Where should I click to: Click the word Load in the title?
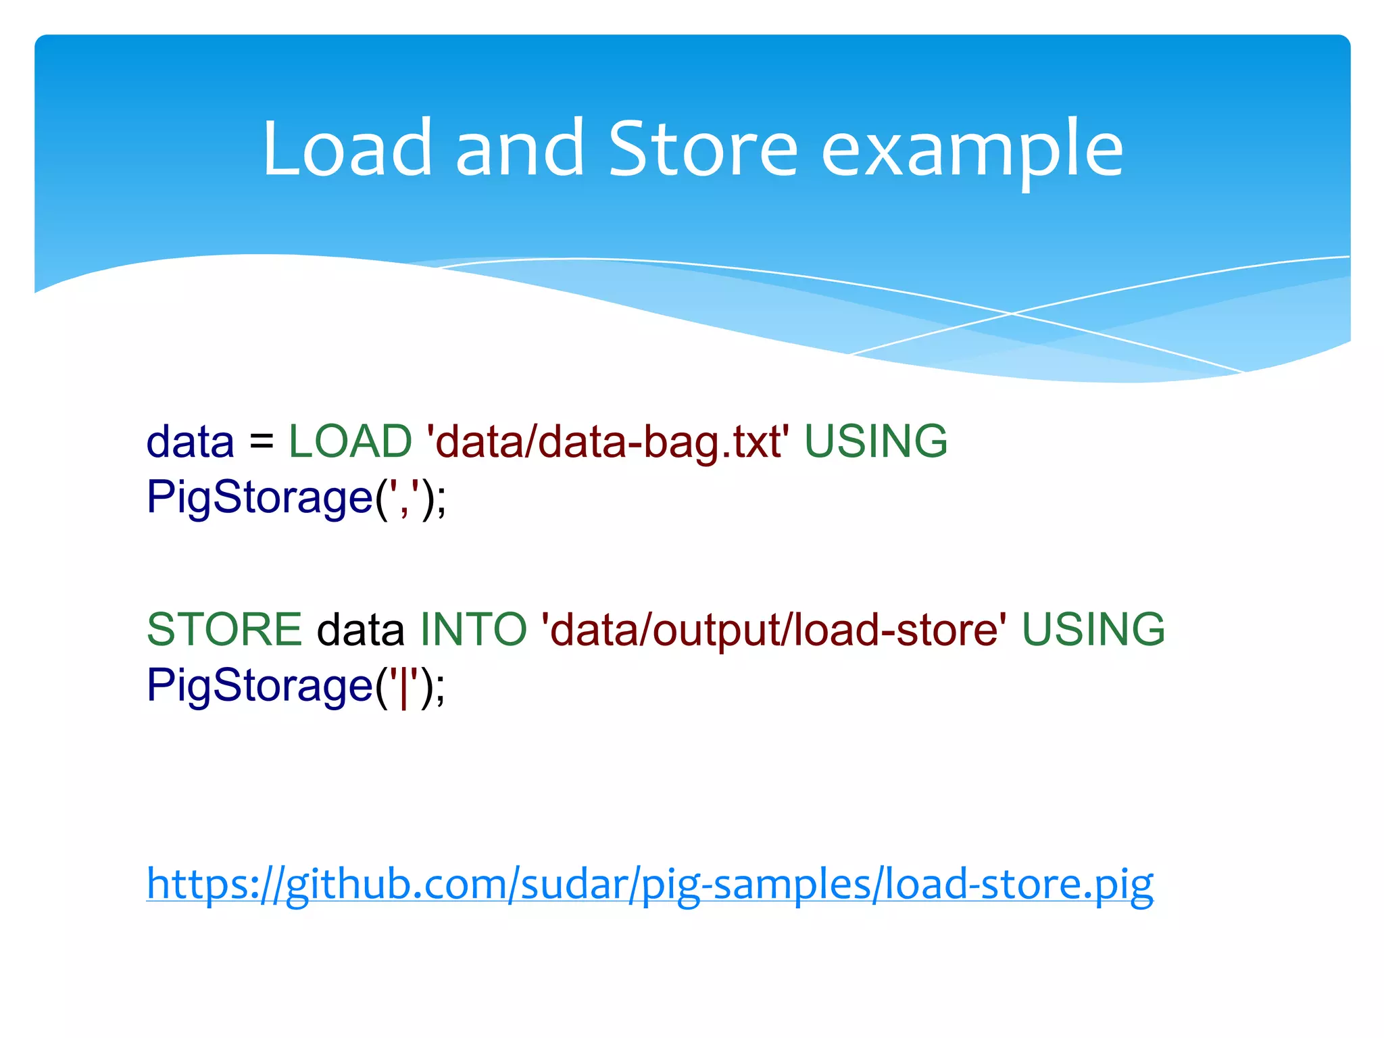pyautogui.click(x=347, y=149)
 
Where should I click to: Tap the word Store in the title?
pyautogui.click(x=703, y=149)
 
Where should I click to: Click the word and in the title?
pyautogui.click(x=519, y=149)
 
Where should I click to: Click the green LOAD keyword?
pyautogui.click(x=350, y=441)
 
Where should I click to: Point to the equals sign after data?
pyautogui.click(x=262, y=443)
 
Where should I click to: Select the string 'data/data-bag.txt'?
pyautogui.click(x=608, y=443)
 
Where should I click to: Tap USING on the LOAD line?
pyautogui.click(x=876, y=441)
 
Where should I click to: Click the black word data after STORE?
pyautogui.click(x=361, y=629)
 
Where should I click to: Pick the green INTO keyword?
pyautogui.click(x=473, y=629)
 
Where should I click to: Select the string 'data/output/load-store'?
pyautogui.click(x=774, y=629)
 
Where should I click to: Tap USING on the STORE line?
pyautogui.click(x=1093, y=629)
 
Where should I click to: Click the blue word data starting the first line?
pyautogui.click(x=190, y=443)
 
